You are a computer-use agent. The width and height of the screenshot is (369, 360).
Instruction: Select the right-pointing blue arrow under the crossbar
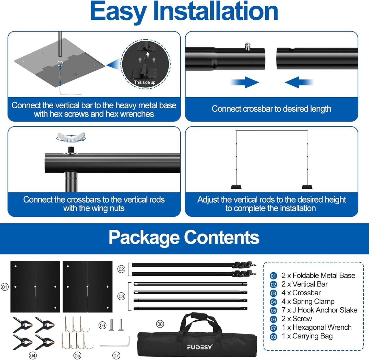point(245,82)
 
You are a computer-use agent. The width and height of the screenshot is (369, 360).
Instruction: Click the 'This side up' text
point(145,82)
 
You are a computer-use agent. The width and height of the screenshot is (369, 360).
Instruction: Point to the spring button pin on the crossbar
point(247,47)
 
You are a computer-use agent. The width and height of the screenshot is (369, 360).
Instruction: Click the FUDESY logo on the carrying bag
point(199,347)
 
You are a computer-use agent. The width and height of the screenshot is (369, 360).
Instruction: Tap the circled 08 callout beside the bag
point(160,324)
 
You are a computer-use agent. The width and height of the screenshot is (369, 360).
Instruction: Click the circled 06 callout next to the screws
point(102,326)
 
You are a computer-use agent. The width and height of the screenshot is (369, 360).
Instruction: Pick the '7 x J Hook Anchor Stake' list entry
point(319,310)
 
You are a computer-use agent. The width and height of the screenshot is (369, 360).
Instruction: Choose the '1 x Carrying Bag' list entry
point(307,336)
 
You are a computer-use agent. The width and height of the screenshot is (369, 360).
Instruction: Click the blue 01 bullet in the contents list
point(273,276)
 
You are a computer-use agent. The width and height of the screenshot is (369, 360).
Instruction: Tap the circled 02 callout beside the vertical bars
point(121,269)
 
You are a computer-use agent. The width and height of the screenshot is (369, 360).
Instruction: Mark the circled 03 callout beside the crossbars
point(121,297)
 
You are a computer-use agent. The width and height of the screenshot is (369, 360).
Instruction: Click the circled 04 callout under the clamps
point(33,355)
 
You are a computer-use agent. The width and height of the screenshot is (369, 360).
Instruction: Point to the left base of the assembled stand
point(236,187)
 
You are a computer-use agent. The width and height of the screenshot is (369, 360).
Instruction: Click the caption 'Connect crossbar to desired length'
point(271,109)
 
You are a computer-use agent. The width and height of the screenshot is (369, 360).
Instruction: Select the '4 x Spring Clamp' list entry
point(308,301)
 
